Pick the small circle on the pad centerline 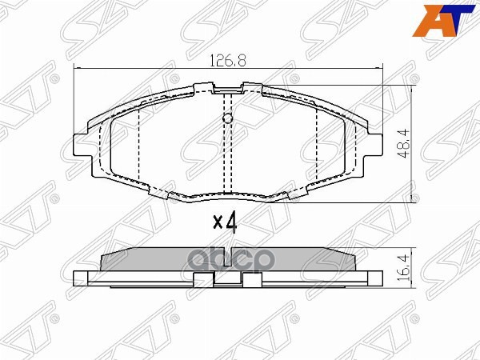227,120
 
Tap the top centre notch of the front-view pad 228,87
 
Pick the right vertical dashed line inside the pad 318,144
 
